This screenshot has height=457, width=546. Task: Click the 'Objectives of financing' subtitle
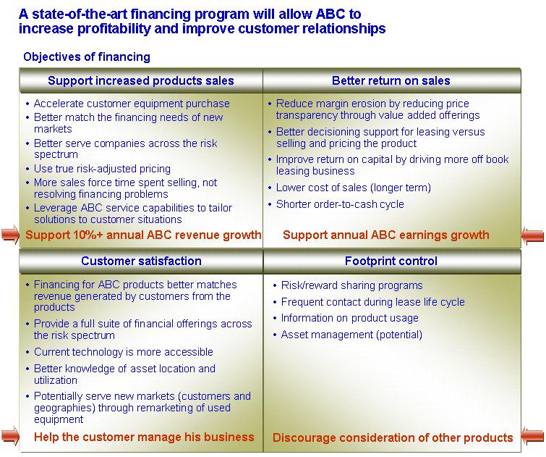point(87,57)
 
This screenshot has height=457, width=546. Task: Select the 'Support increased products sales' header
point(141,80)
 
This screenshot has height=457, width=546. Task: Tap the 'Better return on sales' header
point(391,80)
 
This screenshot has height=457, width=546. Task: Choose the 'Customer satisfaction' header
point(141,261)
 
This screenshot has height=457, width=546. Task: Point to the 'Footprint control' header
point(391,261)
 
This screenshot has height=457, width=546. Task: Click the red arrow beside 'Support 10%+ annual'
point(10,235)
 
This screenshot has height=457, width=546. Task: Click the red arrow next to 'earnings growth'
point(532,235)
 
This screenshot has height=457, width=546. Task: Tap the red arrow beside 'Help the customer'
point(10,437)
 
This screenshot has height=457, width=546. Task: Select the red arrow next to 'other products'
point(532,437)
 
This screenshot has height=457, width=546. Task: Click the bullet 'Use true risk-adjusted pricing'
point(102,169)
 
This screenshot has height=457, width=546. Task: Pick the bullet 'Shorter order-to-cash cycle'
point(340,204)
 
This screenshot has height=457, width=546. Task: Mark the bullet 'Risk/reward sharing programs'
point(351,285)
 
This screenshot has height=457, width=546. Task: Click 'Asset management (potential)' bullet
point(351,335)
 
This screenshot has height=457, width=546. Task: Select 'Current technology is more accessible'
point(123,352)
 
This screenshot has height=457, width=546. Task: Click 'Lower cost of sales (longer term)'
point(354,188)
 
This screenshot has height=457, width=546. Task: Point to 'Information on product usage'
point(349,318)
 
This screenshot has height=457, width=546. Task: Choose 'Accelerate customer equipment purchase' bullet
point(132,104)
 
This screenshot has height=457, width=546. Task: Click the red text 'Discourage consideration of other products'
point(393,437)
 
